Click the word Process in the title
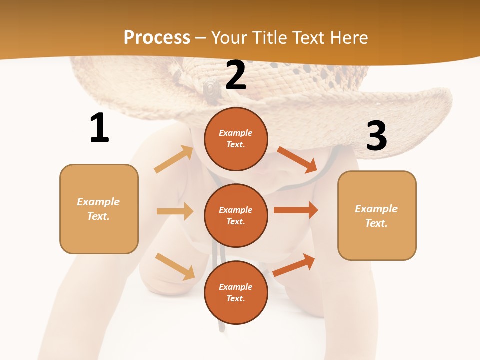pos(157,38)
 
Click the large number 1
pos(99,128)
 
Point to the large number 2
pos(236,76)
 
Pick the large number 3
pos(376,136)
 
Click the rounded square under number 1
pos(99,209)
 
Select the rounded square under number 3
pos(377,215)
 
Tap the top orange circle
pos(236,139)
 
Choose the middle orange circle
pos(236,215)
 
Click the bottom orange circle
pos(236,292)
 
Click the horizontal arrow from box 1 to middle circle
pos(175,211)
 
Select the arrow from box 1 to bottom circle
pos(175,266)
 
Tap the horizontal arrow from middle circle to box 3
pos(295,210)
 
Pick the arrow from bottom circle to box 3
pos(294,265)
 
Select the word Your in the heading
pos(229,38)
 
